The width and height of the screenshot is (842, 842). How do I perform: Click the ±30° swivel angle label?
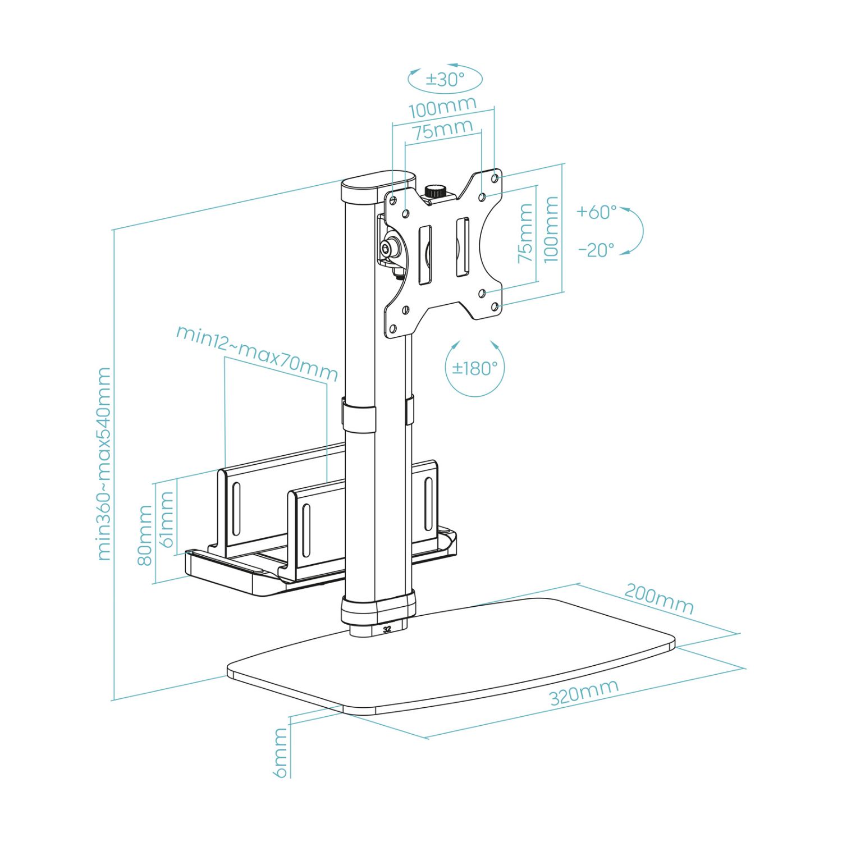(445, 79)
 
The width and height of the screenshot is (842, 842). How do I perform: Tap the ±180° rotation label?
(475, 368)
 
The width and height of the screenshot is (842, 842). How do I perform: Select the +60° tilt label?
(596, 212)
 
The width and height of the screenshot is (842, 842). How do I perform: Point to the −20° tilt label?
(596, 250)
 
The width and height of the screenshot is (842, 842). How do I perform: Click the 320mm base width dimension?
(584, 692)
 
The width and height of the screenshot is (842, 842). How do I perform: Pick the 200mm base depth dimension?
(659, 599)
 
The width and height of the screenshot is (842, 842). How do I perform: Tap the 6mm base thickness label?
(281, 753)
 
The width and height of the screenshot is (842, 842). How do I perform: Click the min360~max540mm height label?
(104, 464)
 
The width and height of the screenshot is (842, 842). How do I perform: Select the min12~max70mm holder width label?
(257, 353)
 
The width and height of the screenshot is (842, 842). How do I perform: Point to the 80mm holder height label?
(145, 536)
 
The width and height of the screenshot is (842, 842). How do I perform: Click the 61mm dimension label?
(167, 519)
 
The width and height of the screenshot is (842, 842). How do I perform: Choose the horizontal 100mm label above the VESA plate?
(442, 107)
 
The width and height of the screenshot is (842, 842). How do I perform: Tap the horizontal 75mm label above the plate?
(442, 131)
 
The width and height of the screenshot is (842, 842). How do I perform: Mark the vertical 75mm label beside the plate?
(525, 233)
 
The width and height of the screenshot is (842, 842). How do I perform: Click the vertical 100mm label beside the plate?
(551, 229)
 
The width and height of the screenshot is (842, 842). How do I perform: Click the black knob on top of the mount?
(433, 191)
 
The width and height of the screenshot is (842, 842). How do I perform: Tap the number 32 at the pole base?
(387, 629)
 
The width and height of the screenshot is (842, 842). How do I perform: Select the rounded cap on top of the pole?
(377, 184)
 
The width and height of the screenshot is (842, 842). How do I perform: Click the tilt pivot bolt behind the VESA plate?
(387, 247)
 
